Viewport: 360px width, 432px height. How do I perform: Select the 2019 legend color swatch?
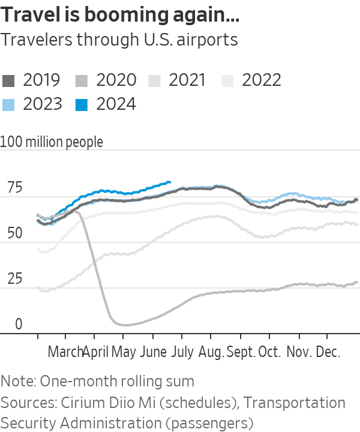[x=9, y=81]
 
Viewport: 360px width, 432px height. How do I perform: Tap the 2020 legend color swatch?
[x=83, y=81]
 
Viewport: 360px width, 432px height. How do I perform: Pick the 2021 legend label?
[x=188, y=80]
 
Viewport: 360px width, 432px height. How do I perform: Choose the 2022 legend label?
[x=262, y=80]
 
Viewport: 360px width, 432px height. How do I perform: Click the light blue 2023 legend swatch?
[x=9, y=105]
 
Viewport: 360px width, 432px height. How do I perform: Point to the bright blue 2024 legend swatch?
[x=83, y=105]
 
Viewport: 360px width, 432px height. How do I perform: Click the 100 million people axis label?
[x=52, y=142]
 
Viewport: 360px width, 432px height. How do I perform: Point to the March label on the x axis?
[x=65, y=352]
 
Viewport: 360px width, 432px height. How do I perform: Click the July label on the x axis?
[x=182, y=352]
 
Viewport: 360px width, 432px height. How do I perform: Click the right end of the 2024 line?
[x=170, y=182]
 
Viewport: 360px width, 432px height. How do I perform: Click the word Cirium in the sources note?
[x=71, y=403]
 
